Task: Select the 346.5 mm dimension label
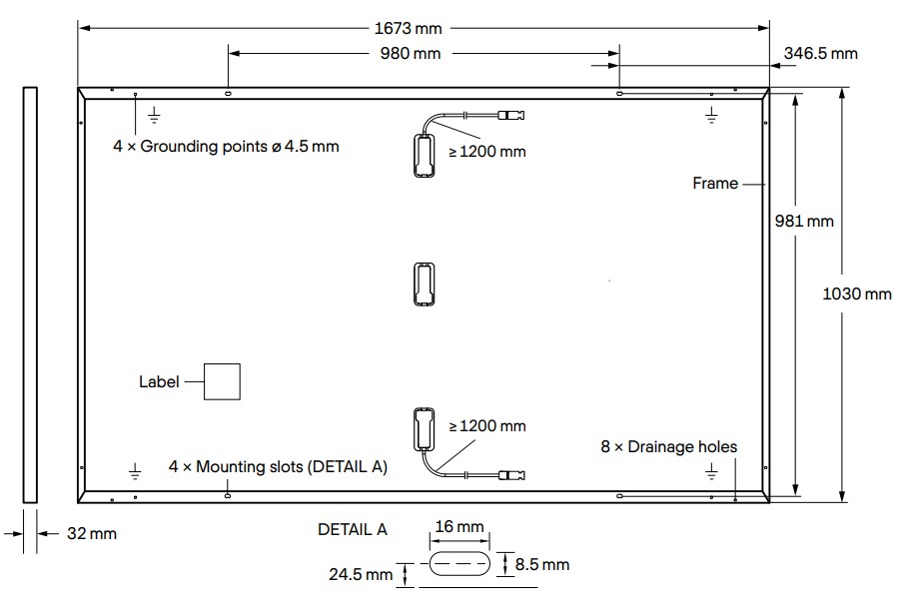click(821, 53)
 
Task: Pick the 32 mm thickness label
click(91, 534)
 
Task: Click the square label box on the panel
click(223, 381)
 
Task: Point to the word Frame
click(715, 183)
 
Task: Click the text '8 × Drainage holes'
click(668, 446)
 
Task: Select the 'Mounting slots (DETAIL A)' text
click(278, 466)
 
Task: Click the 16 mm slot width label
click(460, 526)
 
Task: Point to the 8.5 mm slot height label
click(542, 565)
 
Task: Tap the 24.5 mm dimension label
click(361, 574)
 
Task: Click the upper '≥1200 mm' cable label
click(486, 152)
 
